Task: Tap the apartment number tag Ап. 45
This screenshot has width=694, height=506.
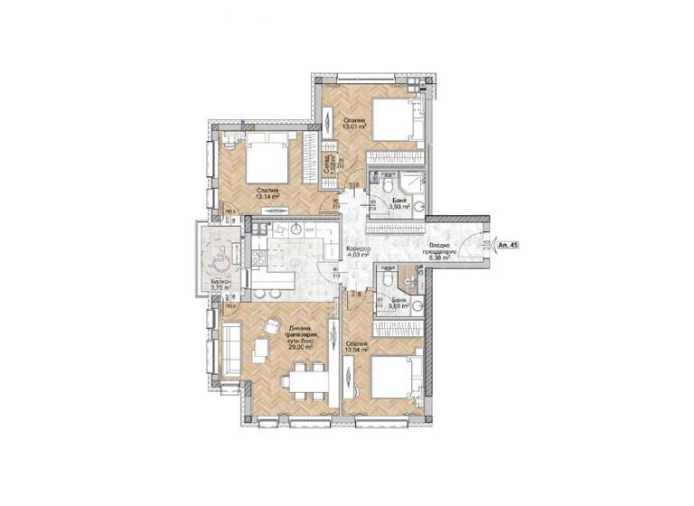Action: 507,244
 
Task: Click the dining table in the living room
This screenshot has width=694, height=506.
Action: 303,381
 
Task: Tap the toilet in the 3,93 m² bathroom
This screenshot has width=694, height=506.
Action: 386,185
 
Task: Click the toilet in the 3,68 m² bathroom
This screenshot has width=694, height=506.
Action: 386,284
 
